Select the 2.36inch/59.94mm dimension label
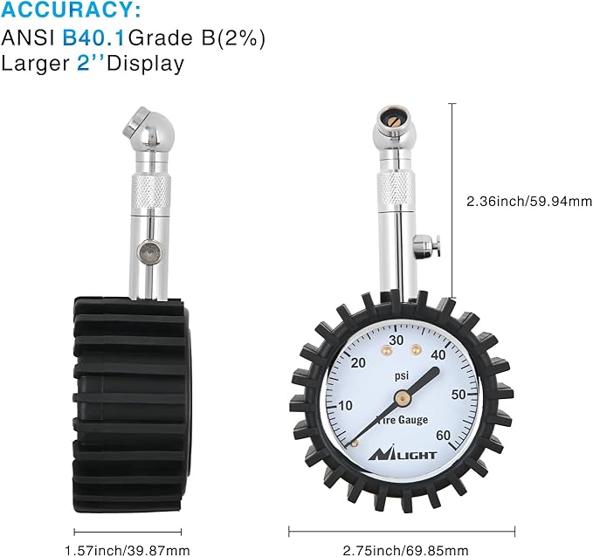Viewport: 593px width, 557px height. point(529,201)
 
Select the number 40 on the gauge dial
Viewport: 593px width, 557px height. point(439,354)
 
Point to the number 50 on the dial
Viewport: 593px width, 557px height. point(457,394)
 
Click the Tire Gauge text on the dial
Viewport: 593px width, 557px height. point(403,420)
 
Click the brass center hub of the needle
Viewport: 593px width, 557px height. point(401,398)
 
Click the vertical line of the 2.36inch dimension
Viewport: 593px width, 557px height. point(452,201)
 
